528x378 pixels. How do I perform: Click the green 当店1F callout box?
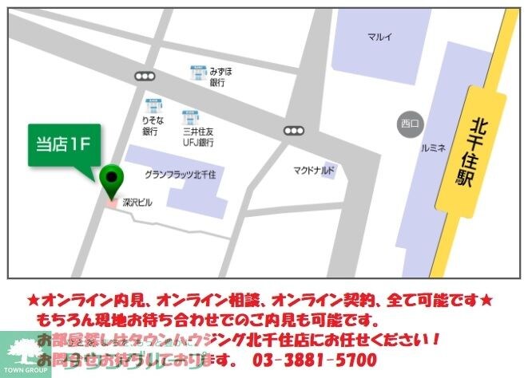pos(65,145)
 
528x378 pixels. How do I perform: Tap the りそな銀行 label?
pos(151,125)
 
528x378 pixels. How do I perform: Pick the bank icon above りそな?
pos(152,104)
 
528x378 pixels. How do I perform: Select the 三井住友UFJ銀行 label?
pos(197,137)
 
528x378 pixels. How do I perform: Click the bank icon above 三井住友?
pos(189,116)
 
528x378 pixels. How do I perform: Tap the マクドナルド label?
pos(313,170)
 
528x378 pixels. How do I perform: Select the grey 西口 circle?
pos(409,123)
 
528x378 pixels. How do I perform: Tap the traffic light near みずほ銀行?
pos(145,76)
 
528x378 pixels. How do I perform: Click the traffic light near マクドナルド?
pos(293,130)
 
